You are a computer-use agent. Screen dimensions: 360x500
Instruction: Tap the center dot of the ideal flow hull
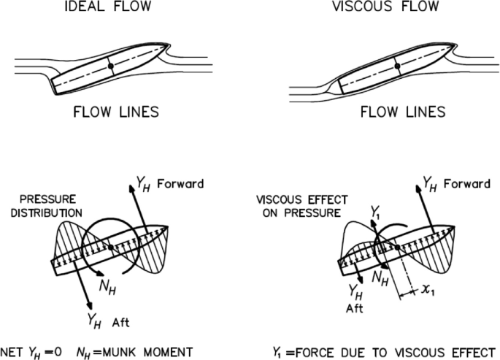[110, 66]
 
